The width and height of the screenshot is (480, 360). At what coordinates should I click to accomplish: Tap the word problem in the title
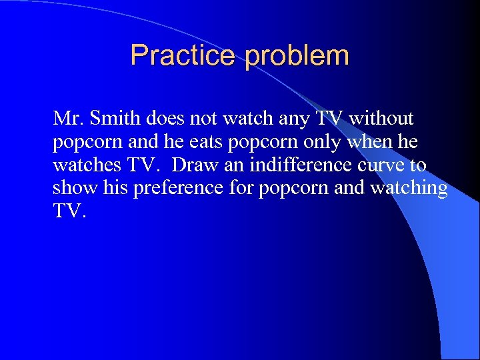[x=297, y=57]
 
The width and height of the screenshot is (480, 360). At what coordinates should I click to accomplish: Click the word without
[x=381, y=119]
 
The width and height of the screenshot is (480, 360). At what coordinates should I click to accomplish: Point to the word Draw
[x=195, y=165]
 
